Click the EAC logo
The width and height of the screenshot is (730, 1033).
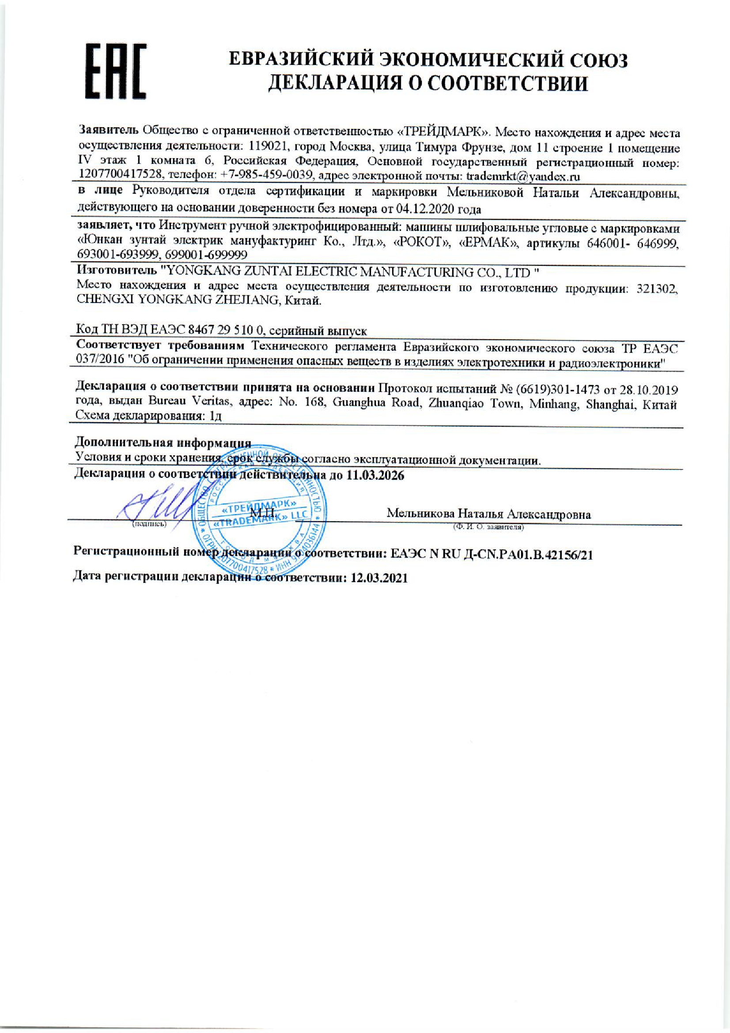tap(116, 72)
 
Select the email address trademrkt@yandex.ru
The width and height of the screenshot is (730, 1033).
tap(523, 176)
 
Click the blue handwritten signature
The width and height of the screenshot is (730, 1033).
tap(151, 502)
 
